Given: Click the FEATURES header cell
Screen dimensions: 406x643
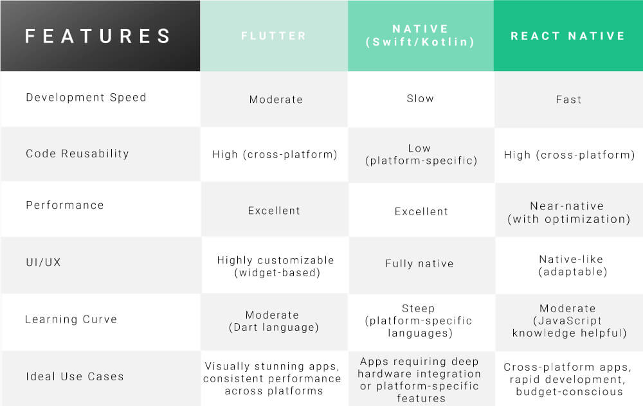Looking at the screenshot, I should [x=98, y=36].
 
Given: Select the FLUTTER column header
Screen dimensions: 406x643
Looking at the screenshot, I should [x=274, y=36].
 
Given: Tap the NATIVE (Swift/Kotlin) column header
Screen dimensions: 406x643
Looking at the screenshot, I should [x=421, y=36].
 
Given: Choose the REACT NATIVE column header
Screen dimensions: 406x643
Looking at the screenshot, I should [x=568, y=36].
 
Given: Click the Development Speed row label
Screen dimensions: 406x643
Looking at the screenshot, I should [x=86, y=98].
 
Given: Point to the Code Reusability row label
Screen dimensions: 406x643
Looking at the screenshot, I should [x=77, y=154].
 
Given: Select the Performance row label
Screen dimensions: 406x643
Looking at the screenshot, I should [x=64, y=206].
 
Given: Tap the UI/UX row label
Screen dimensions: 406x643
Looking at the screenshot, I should [x=44, y=263].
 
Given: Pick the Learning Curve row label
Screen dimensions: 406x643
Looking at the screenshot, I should [x=71, y=319].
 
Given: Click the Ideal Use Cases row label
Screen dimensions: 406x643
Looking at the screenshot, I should [x=75, y=376].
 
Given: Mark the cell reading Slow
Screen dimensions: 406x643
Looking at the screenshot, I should [x=421, y=99].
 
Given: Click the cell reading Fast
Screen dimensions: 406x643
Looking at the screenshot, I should [x=568, y=100].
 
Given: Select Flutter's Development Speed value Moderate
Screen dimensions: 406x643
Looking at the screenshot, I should [x=276, y=100].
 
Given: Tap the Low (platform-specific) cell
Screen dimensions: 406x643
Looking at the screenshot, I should [x=421, y=154].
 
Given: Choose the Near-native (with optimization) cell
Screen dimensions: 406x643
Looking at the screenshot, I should [x=568, y=213].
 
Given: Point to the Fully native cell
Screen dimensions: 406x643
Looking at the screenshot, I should [x=419, y=263].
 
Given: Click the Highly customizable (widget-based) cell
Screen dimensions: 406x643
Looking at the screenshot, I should [x=275, y=267].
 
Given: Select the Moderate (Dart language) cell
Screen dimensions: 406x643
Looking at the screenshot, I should [x=273, y=321].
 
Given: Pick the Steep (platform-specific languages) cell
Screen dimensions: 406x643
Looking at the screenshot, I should [x=419, y=321].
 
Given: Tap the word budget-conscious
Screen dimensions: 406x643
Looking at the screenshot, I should [x=569, y=391].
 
